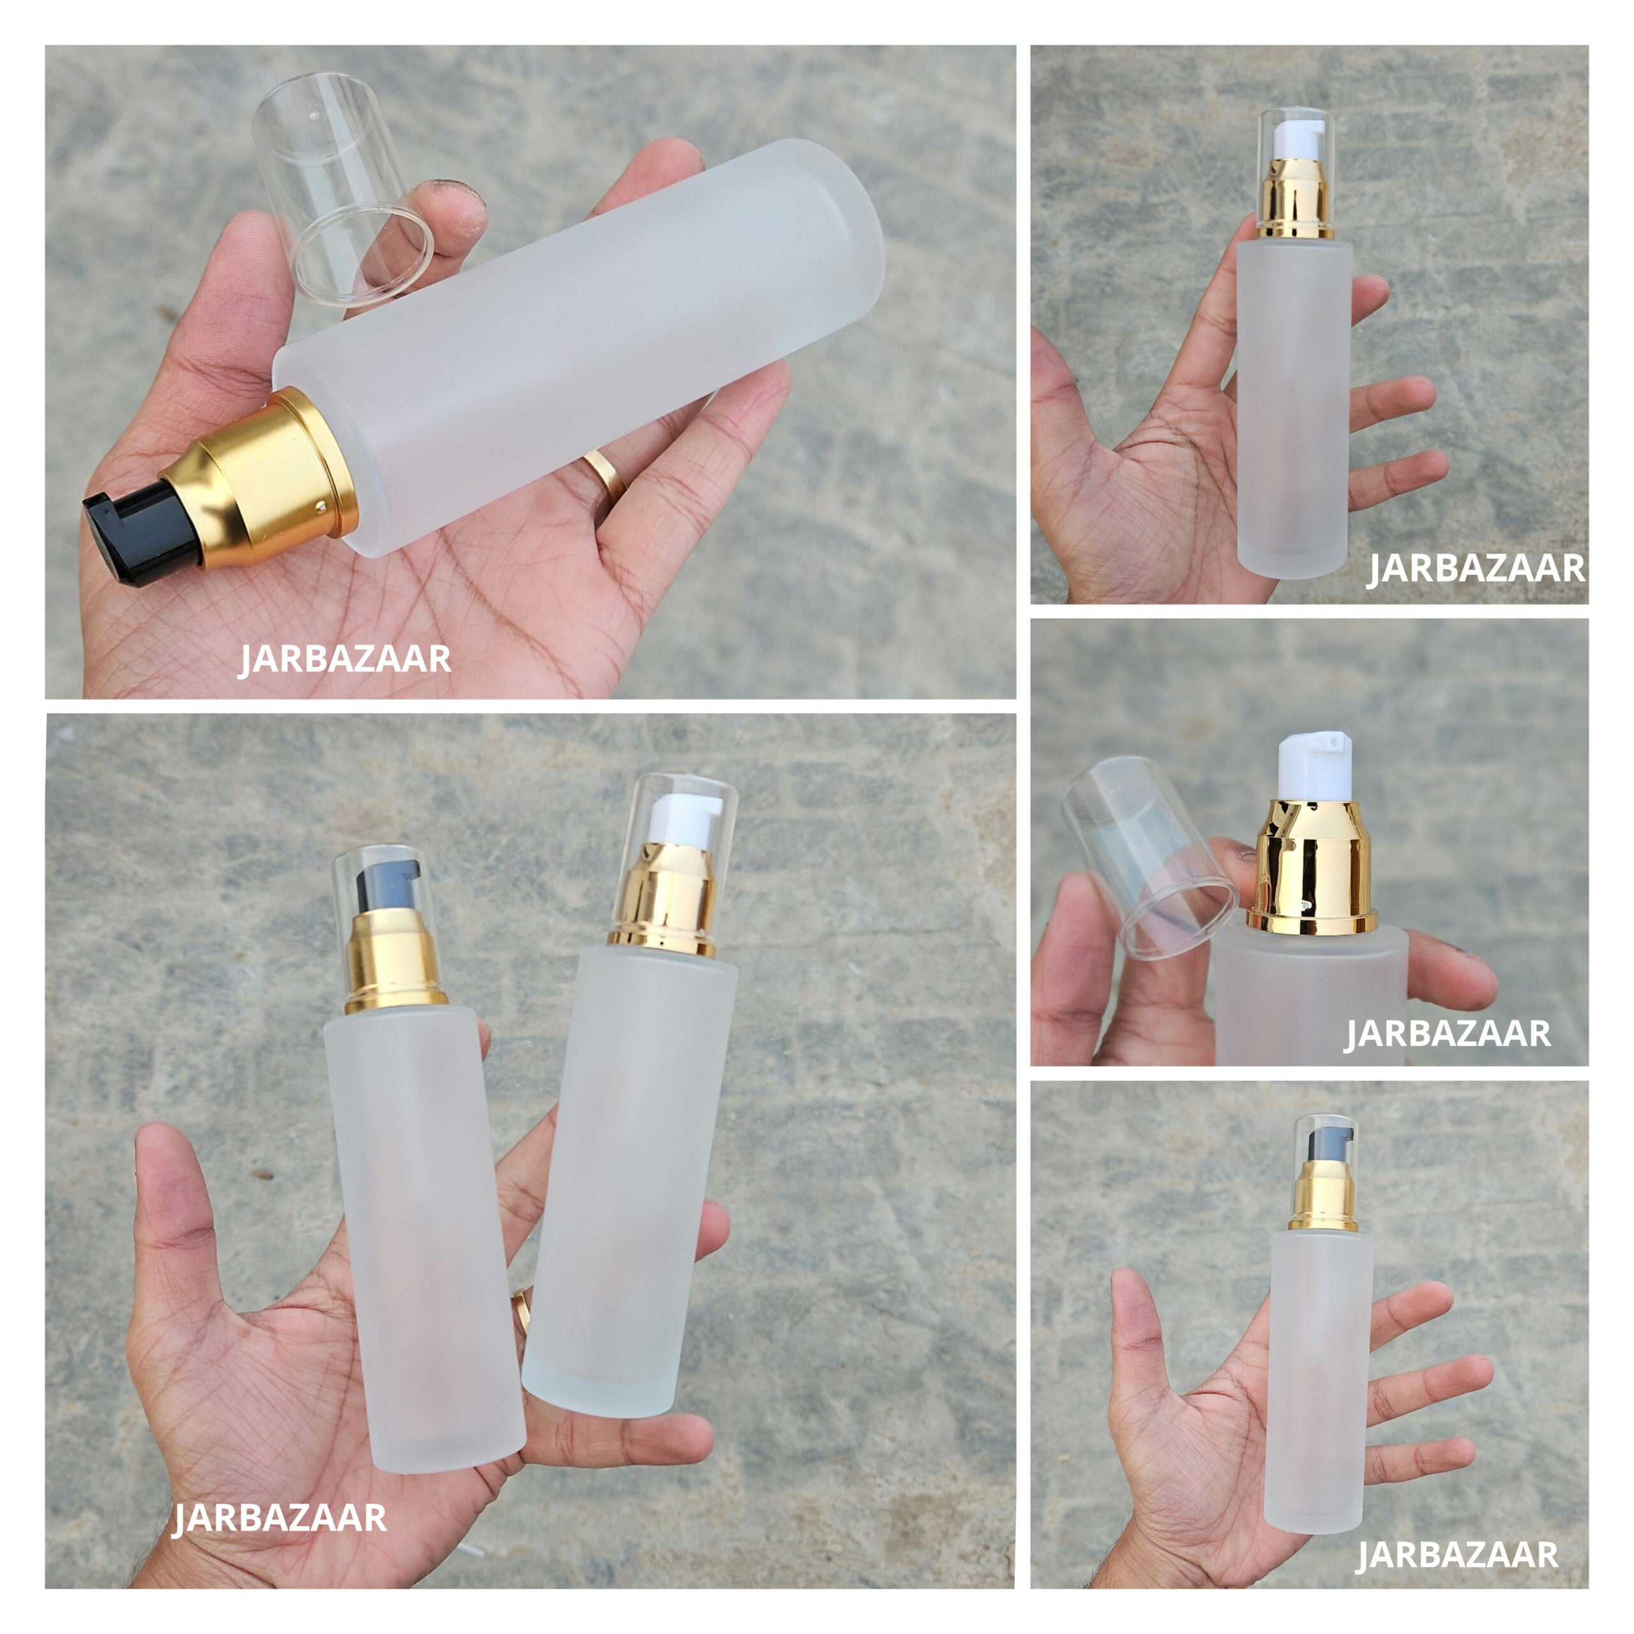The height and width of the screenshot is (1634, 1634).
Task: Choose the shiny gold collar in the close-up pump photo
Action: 1311,871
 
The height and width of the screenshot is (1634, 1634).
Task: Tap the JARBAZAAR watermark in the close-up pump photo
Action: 1448,1033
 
